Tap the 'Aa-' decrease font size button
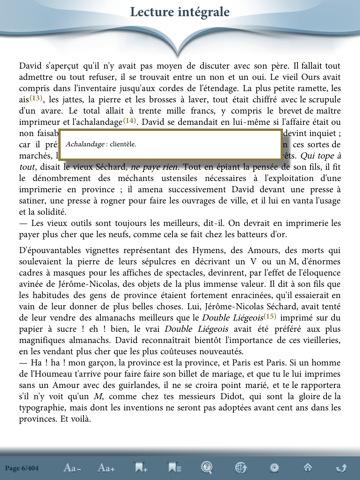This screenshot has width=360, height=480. pos(72,467)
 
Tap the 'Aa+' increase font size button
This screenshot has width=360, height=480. pos(107,467)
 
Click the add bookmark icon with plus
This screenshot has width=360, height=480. pos(141,467)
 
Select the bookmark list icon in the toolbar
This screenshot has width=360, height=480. pos(174,467)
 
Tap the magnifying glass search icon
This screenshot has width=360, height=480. pos(207,467)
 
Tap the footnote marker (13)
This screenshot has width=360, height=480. pos(37,98)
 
